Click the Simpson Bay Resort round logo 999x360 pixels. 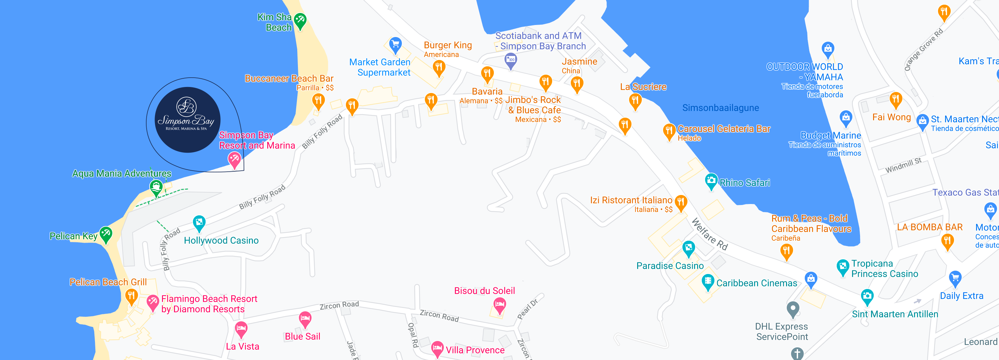(187, 119)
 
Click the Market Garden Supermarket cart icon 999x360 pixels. (395, 44)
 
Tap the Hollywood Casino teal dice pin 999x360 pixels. (199, 223)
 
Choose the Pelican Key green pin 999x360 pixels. (106, 234)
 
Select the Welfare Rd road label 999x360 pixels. (710, 234)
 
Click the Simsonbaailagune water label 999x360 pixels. (720, 108)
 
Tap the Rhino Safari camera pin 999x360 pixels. (711, 181)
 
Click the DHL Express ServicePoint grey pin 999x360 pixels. (793, 309)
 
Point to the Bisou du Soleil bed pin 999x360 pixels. (499, 305)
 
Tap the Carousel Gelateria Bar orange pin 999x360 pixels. (669, 131)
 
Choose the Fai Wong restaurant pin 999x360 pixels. (895, 100)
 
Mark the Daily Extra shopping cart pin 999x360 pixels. (955, 278)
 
